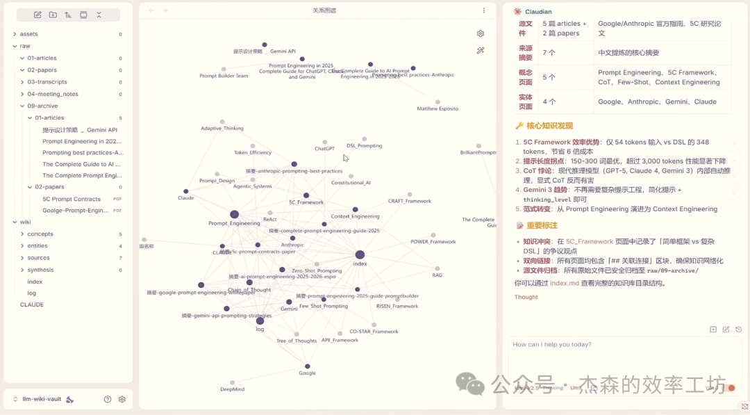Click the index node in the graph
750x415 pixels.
click(x=360, y=255)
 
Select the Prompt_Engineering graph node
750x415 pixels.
click(x=234, y=215)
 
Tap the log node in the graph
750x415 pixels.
click(x=260, y=320)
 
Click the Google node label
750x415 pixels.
click(x=307, y=373)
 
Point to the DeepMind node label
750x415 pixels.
click(x=232, y=389)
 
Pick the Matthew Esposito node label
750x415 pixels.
click(x=437, y=109)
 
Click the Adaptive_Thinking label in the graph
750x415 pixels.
click(x=222, y=128)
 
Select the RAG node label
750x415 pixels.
click(x=437, y=275)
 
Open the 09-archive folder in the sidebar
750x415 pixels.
click(x=42, y=106)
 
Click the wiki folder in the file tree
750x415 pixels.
click(x=25, y=222)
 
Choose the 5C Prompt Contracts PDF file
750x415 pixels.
click(x=72, y=199)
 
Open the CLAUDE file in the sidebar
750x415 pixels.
click(x=32, y=304)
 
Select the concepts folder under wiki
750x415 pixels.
click(x=40, y=234)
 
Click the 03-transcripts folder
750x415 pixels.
click(x=47, y=82)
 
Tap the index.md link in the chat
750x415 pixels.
click(x=565, y=283)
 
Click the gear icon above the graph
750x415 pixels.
click(x=480, y=33)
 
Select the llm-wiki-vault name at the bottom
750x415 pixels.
click(x=42, y=399)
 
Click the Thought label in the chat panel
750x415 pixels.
click(x=526, y=297)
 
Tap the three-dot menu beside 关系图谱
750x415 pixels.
click(x=484, y=10)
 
